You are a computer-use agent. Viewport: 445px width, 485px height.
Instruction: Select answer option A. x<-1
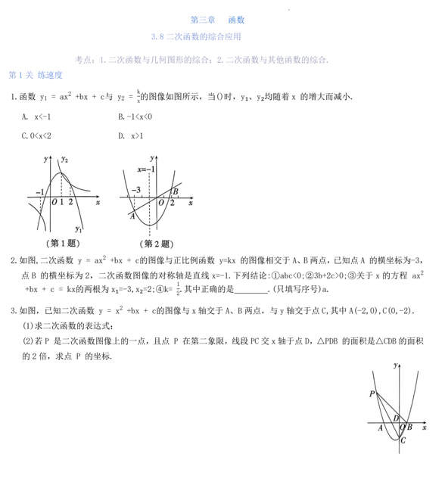[36, 117]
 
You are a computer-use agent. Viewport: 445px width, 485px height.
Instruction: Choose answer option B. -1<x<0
[135, 117]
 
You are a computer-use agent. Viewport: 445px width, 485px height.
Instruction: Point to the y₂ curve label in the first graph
[66, 160]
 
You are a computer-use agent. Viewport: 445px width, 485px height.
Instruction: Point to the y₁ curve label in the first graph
[78, 229]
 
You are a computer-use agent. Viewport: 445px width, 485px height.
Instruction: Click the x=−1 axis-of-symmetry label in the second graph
[147, 169]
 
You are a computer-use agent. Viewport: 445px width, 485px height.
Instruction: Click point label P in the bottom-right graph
[372, 393]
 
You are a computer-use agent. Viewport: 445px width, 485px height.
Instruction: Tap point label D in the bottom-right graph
[396, 418]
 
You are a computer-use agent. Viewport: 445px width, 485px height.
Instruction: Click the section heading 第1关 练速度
[34, 75]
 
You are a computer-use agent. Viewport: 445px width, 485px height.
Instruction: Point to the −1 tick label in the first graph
[39, 194]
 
